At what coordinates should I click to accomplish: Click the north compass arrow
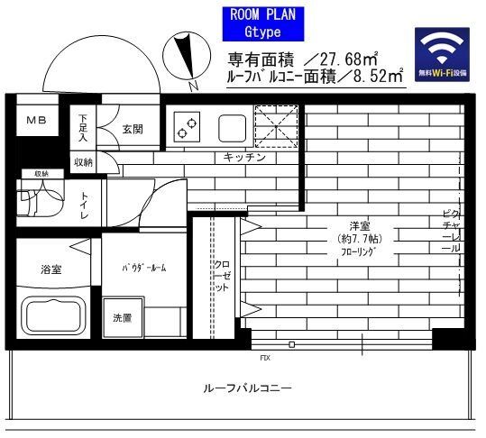(x=188, y=57)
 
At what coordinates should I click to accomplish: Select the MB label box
(x=35, y=120)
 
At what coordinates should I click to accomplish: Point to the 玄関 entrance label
(x=132, y=129)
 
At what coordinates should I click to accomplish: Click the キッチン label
(x=244, y=158)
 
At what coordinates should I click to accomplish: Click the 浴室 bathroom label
(x=50, y=269)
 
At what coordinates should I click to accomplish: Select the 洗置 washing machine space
(x=122, y=318)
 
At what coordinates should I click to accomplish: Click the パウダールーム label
(x=144, y=269)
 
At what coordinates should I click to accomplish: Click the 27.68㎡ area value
(x=348, y=59)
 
